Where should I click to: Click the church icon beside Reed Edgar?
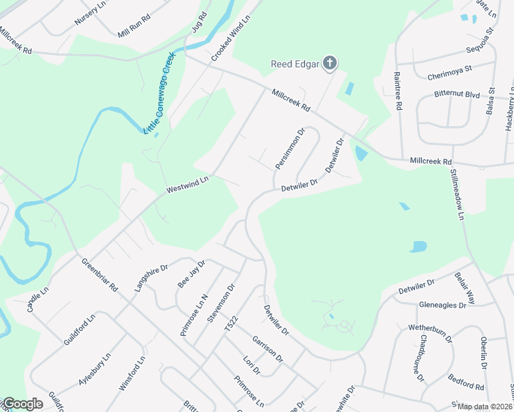[330, 65]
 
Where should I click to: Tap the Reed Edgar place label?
[295, 65]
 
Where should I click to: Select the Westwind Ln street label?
[186, 185]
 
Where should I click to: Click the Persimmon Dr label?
[289, 149]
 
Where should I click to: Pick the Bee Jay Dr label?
[192, 273]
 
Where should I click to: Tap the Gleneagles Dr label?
[442, 305]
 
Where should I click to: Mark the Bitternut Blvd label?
[456, 93]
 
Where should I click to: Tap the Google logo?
[22, 404]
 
